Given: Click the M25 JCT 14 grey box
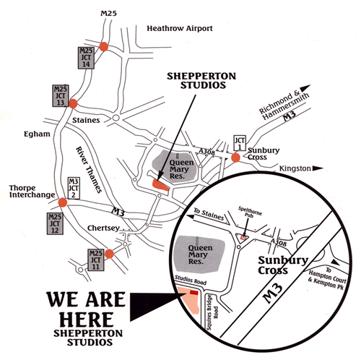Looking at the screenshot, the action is (86, 58).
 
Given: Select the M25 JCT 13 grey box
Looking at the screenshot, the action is (61, 95).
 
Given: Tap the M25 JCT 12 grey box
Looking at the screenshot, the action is (55, 223).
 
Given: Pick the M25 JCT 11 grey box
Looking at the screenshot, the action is (96, 260).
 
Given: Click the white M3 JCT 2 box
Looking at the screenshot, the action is (74, 188).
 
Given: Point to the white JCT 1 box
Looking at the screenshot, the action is (240, 143).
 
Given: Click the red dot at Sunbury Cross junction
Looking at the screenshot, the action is (235, 158).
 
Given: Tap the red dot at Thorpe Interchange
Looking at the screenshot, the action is (63, 202).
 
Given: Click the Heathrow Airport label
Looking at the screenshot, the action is (180, 28).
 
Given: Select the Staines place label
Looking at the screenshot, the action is (86, 120).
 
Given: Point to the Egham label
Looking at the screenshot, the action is (37, 134).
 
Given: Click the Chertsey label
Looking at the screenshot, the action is (103, 228).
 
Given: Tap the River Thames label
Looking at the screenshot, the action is (89, 170).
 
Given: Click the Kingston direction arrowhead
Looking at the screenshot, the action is (318, 168).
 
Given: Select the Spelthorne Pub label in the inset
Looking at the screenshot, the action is (250, 212).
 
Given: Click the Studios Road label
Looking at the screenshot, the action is (191, 280).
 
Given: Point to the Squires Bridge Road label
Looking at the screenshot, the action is (212, 312).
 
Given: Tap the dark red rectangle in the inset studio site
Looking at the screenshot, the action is (194, 292).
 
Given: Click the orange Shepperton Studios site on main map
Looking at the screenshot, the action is (160, 185).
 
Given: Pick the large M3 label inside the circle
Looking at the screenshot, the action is (273, 293).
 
